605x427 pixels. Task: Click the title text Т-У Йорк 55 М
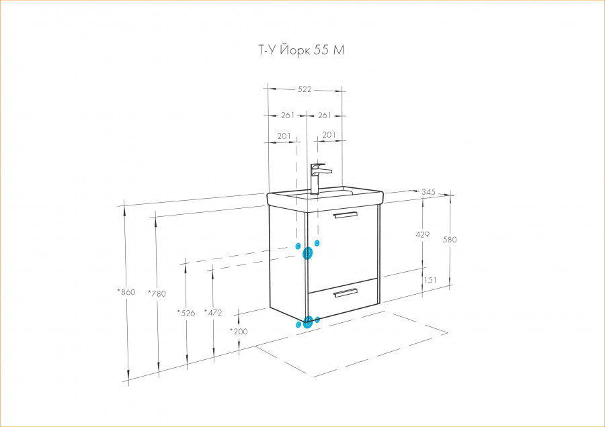301,50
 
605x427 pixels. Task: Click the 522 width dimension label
305,89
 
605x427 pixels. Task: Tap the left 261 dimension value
288,115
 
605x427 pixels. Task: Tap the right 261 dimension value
325,115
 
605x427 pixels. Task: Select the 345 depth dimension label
428,191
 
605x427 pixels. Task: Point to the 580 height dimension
450,239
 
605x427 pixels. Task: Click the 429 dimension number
423,234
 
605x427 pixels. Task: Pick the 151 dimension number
430,280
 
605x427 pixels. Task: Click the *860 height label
126,292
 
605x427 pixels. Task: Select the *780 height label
157,293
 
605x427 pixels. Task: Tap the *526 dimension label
186,313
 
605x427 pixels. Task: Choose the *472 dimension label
213,313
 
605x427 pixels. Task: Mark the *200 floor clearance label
239,331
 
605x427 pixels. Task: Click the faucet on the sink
319,179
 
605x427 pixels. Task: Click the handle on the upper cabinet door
346,215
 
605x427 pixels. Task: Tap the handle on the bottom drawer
346,293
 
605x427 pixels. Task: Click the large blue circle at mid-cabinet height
307,253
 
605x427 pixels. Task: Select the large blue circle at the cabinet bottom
307,322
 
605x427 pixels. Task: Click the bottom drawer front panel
343,297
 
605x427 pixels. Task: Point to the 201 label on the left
284,136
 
